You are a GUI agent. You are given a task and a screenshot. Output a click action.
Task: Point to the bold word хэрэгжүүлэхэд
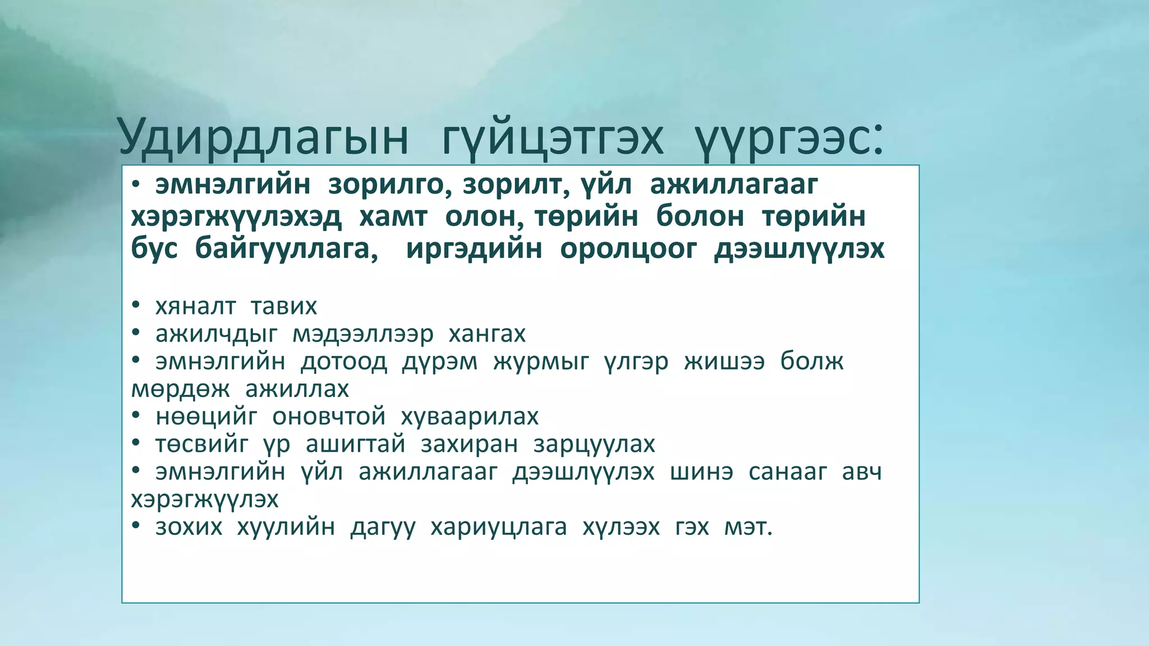pyautogui.click(x=236, y=217)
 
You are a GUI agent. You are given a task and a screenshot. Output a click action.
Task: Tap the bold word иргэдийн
pyautogui.click(x=474, y=248)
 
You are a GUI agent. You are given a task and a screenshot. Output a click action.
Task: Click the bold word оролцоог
pyautogui.click(x=628, y=248)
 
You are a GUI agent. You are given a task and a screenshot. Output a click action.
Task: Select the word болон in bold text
pyautogui.click(x=700, y=216)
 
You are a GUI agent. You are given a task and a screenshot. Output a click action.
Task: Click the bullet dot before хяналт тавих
pyautogui.click(x=135, y=305)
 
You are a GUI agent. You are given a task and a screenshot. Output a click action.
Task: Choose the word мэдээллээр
pyautogui.click(x=363, y=334)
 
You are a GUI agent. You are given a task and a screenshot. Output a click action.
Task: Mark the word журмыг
pyautogui.click(x=541, y=362)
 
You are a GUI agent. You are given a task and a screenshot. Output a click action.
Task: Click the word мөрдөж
pyautogui.click(x=180, y=389)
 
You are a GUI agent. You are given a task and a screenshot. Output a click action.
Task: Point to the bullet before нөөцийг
pyautogui.click(x=135, y=415)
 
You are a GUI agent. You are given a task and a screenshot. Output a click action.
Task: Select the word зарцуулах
pyautogui.click(x=594, y=444)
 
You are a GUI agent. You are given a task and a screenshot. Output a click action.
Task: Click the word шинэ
pyautogui.click(x=702, y=472)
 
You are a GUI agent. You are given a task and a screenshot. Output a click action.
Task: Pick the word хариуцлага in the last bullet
pyautogui.click(x=499, y=527)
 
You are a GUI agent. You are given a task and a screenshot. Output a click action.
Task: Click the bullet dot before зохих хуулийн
pyautogui.click(x=135, y=525)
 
